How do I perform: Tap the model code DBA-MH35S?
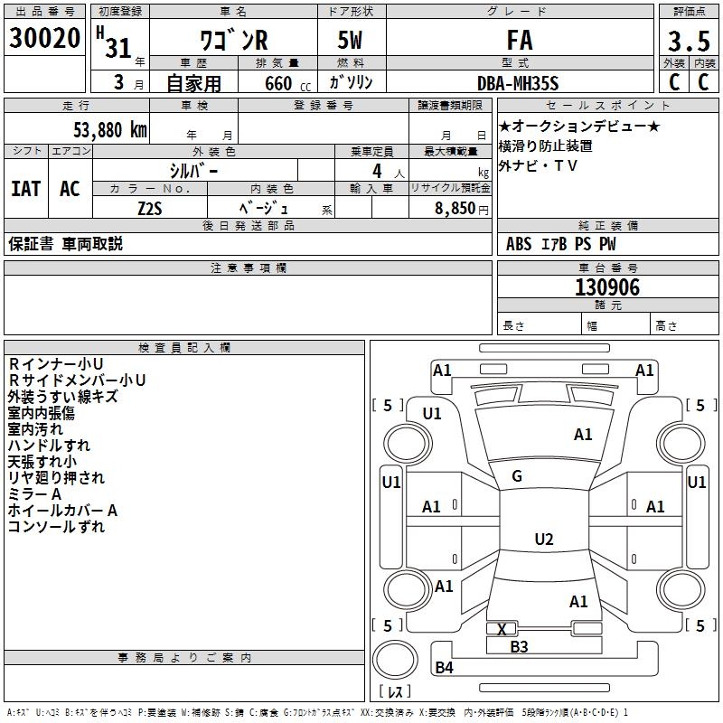[518, 82]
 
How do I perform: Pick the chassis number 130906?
[607, 287]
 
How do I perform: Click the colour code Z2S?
[149, 207]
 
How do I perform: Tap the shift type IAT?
[25, 189]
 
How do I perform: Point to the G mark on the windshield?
[516, 476]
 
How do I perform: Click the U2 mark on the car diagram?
[543, 540]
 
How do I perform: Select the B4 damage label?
[444, 668]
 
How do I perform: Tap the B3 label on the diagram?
[519, 646]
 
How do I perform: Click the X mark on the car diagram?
[502, 629]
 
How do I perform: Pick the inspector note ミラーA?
[34, 494]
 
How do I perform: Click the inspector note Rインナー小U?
[55, 364]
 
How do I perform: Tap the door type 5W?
[351, 40]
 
